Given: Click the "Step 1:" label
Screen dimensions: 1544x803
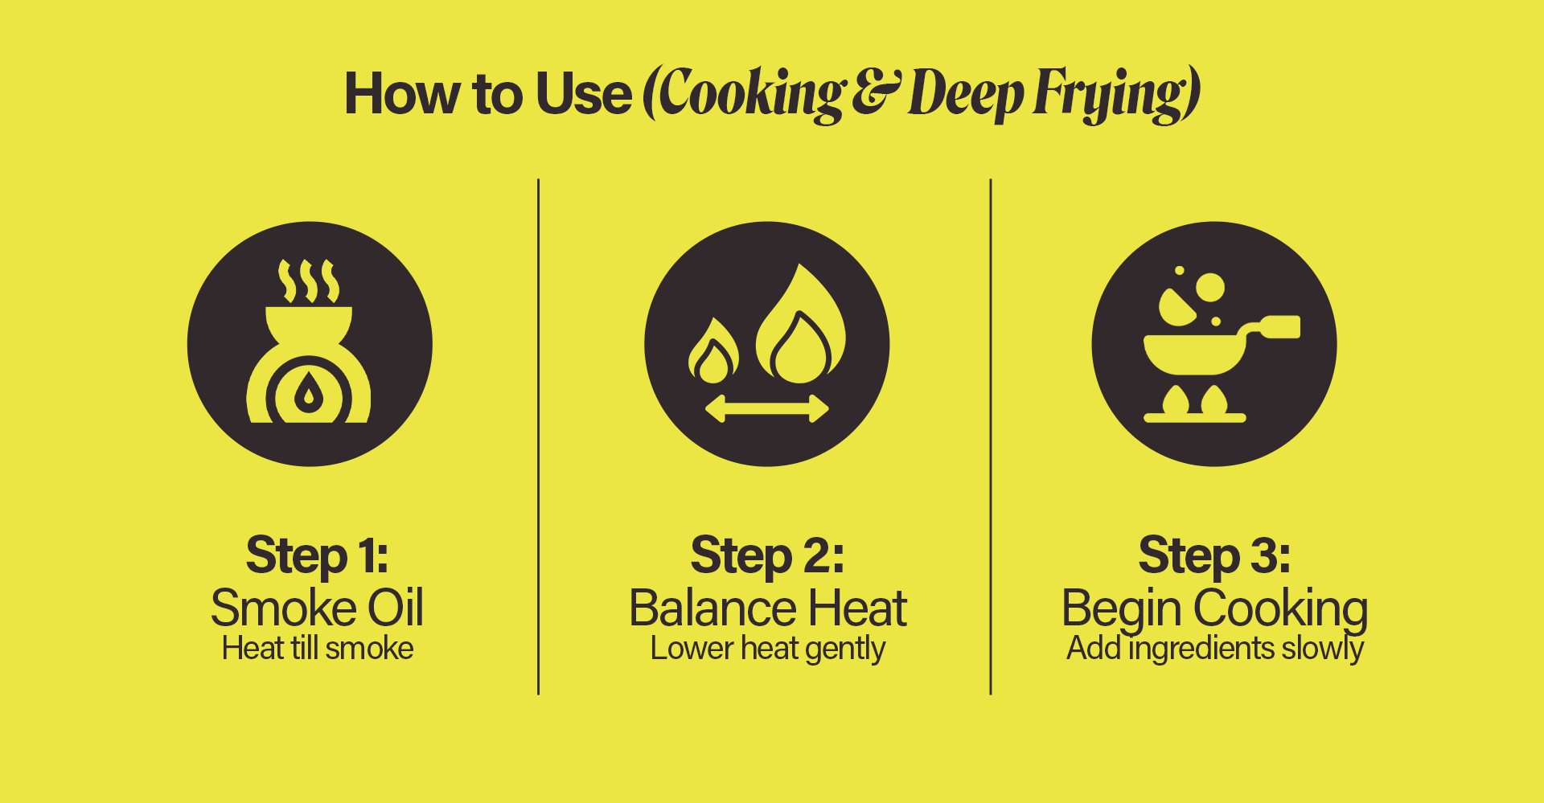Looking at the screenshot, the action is pos(318,556).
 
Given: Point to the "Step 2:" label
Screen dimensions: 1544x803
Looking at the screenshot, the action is pos(768,556).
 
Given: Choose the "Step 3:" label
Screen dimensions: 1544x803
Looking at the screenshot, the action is pos(1214,556).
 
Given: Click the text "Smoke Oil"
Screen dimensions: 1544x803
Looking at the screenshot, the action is pos(318,608).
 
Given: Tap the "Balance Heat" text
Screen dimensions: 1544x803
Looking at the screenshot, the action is pos(768,608).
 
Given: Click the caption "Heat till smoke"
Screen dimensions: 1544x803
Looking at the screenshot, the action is pos(318,648).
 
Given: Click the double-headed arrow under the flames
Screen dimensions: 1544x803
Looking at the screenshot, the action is pos(767,408).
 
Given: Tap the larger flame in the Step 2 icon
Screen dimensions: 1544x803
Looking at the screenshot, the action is pos(801,325).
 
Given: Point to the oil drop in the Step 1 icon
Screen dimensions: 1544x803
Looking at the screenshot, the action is pos(309,392).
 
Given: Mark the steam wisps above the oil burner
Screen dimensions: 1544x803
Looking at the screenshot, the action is pos(309,281).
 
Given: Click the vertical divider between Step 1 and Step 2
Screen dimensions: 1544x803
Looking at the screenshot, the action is pos(538,436).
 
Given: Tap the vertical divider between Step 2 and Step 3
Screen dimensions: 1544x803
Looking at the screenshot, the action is pos(991,436).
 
